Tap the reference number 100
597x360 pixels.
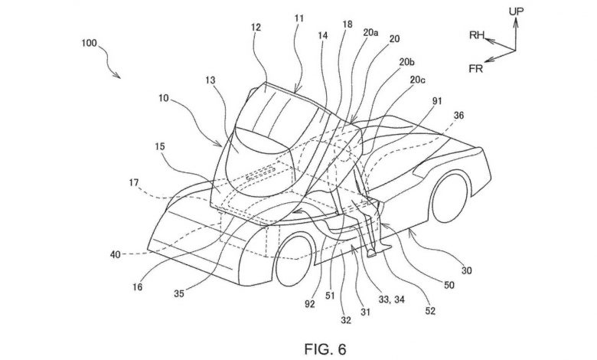point(89,43)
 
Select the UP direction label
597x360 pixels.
point(517,11)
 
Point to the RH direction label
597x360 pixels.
point(476,35)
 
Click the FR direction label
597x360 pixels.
point(476,69)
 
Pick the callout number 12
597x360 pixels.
point(256,28)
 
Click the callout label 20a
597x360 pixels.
point(370,33)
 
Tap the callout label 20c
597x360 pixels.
point(417,80)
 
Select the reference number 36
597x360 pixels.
point(458,115)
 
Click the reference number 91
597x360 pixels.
point(437,101)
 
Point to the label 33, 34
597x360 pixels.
point(391,299)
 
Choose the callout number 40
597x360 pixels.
point(115,254)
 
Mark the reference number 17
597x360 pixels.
point(134,183)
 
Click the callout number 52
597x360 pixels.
point(430,311)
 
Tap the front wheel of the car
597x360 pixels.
point(295,260)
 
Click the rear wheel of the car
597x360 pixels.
point(450,198)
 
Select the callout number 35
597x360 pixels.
point(179,293)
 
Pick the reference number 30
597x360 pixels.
point(466,270)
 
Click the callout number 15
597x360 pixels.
point(160,146)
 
